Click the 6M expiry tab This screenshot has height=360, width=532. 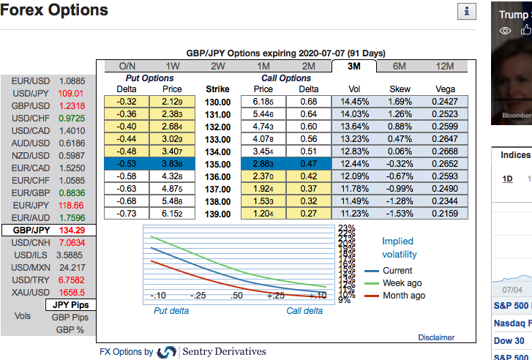click(400, 66)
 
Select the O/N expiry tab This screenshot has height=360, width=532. click(127, 66)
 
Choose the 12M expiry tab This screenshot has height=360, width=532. click(444, 66)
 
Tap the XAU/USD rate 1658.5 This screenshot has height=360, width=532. click(71, 292)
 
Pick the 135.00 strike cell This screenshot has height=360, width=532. click(217, 163)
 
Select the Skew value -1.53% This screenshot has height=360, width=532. click(400, 213)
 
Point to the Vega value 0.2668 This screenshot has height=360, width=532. click(444, 151)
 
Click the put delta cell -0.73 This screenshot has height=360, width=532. click(127, 213)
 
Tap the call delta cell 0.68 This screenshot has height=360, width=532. click(308, 101)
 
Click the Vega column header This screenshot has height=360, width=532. click(444, 89)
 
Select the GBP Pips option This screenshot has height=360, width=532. click(70, 318)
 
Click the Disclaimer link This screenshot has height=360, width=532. click(436, 337)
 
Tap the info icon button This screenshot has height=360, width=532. click(466, 11)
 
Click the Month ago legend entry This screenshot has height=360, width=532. click(403, 296)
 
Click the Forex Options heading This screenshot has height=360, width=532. click(54, 10)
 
